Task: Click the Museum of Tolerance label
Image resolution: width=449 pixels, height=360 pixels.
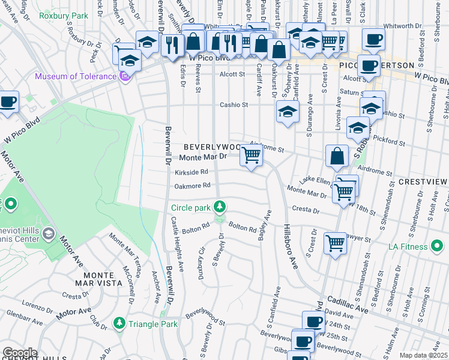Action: pos(76,76)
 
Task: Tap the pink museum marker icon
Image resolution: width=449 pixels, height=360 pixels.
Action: pos(125,76)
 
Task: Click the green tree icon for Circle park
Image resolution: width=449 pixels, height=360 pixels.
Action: pos(220,208)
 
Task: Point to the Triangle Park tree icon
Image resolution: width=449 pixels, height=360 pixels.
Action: pos(119,324)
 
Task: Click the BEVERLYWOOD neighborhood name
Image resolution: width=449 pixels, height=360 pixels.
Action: pos(212,147)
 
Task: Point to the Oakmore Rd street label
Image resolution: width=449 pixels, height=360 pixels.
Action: pos(192,186)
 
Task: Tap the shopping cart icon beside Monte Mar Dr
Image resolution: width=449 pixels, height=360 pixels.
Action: pos(251,156)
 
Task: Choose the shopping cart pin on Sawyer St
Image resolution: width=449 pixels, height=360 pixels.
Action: pos(335,243)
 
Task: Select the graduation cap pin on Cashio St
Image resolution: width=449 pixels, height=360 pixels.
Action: pos(288,112)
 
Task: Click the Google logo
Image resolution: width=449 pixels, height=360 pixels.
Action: pos(20,353)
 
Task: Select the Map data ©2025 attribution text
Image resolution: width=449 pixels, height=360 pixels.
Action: pos(423,355)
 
